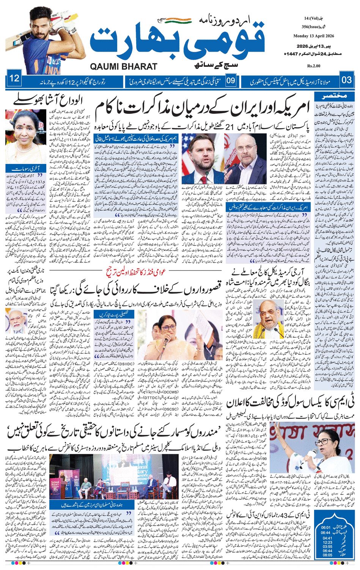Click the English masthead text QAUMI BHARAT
coord(123,66)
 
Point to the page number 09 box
coord(231,80)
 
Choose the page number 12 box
coord(14,79)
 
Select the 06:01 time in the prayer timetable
coord(326,527)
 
